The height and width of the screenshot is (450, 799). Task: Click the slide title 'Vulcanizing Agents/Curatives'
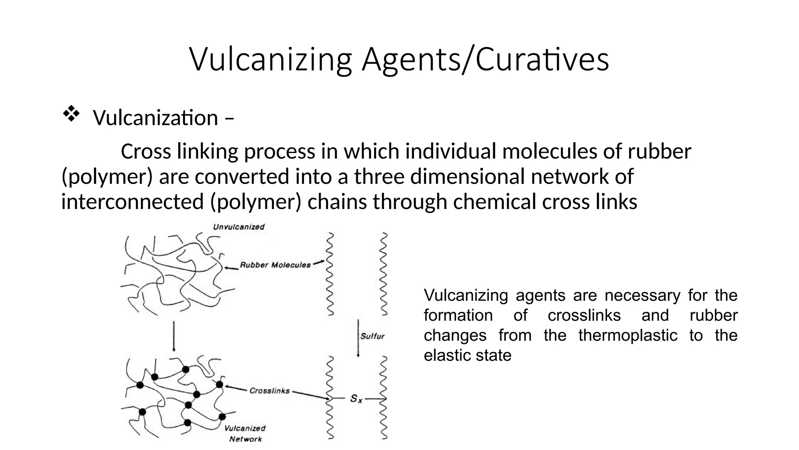(399, 59)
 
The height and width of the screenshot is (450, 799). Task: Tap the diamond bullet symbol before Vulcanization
(71, 115)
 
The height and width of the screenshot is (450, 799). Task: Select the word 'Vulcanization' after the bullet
(156, 118)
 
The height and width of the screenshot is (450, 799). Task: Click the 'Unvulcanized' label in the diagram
(239, 227)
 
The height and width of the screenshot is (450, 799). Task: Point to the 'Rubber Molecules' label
(275, 265)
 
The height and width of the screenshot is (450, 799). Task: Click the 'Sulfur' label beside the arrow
(373, 336)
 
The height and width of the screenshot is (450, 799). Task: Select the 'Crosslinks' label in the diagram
(270, 391)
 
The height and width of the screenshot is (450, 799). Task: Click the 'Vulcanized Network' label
(245, 434)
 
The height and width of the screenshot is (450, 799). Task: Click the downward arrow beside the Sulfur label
(358, 338)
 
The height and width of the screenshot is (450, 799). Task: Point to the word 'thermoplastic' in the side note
(628, 336)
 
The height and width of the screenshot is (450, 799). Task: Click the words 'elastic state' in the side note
(467, 355)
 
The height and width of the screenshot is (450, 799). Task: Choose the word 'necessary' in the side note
(642, 296)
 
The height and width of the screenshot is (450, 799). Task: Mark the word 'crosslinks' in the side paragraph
(584, 315)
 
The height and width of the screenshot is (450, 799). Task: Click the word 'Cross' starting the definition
(146, 151)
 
